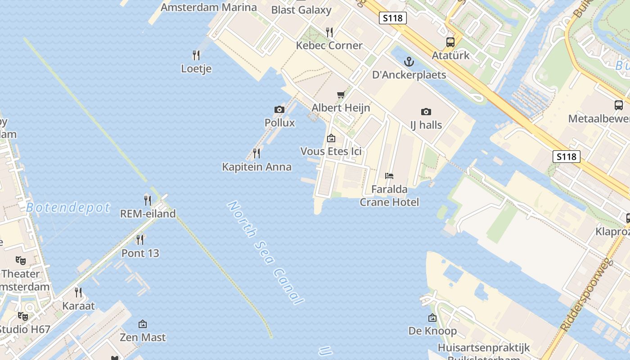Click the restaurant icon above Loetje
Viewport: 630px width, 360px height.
(196, 55)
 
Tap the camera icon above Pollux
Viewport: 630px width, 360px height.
(279, 109)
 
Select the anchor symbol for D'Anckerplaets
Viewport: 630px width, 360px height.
(409, 61)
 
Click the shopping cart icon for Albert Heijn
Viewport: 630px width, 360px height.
(341, 94)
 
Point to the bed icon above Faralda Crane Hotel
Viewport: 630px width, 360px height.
(389, 176)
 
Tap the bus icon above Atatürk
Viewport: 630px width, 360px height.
(450, 42)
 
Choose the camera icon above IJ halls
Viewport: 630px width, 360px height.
(426, 112)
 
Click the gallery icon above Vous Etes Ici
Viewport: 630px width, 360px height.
(331, 138)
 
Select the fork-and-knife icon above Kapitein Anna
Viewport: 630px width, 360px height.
(256, 153)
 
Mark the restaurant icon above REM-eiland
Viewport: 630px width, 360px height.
(148, 200)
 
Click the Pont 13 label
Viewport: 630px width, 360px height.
(140, 253)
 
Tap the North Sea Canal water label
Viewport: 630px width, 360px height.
(265, 253)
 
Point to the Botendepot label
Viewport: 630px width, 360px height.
(68, 207)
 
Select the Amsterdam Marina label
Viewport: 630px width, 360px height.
(209, 7)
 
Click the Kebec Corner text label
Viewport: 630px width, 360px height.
(329, 45)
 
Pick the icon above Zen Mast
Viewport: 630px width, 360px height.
(143, 324)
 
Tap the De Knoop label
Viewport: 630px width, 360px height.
(432, 331)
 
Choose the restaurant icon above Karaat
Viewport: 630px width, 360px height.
(78, 292)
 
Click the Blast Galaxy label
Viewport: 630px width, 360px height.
(301, 10)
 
